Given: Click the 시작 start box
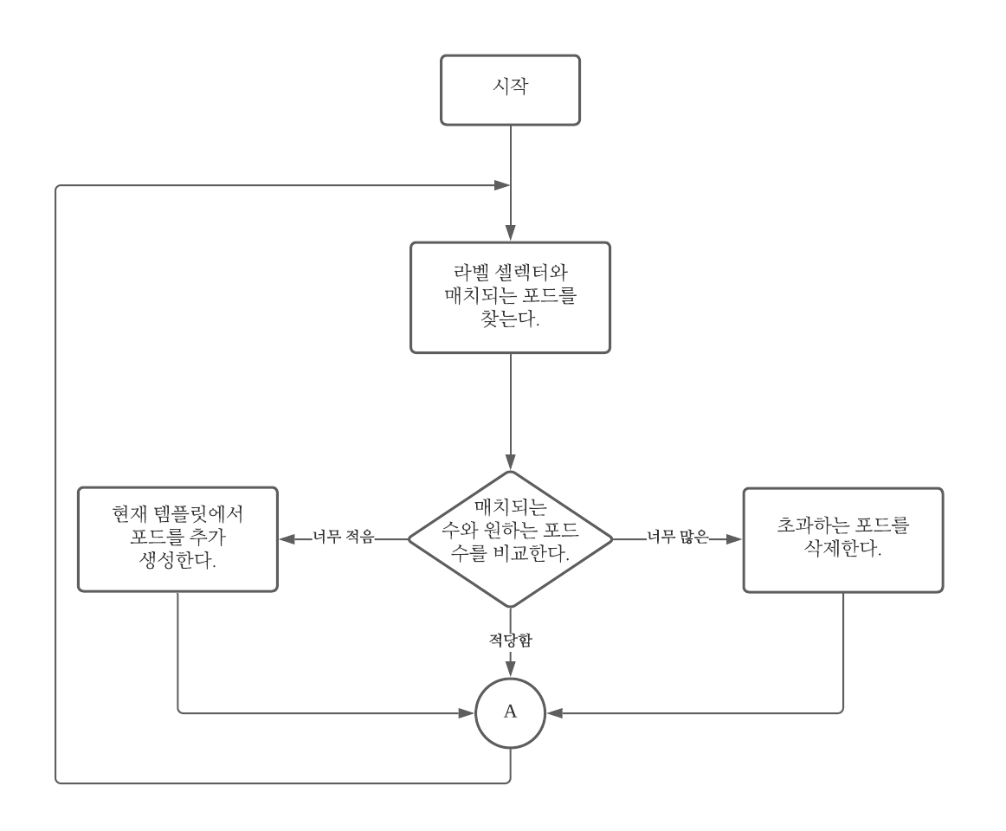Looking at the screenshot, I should click(510, 90).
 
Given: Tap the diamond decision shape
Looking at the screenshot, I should click(510, 538).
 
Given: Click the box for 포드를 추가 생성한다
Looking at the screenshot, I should click(177, 538).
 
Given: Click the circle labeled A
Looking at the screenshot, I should click(510, 712).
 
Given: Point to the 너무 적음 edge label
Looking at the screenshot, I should click(343, 538).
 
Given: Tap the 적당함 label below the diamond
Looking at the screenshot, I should click(510, 641).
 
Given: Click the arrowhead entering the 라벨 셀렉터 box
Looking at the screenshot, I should click(510, 235).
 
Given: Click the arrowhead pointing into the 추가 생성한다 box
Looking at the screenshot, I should click(287, 538).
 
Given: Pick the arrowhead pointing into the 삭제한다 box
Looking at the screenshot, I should click(735, 538).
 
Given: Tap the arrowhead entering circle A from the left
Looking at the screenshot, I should click(468, 712).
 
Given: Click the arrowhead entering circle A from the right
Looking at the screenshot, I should click(552, 712).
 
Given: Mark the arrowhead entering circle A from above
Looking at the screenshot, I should click(510, 672).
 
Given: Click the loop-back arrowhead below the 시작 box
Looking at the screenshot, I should click(501, 185).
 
